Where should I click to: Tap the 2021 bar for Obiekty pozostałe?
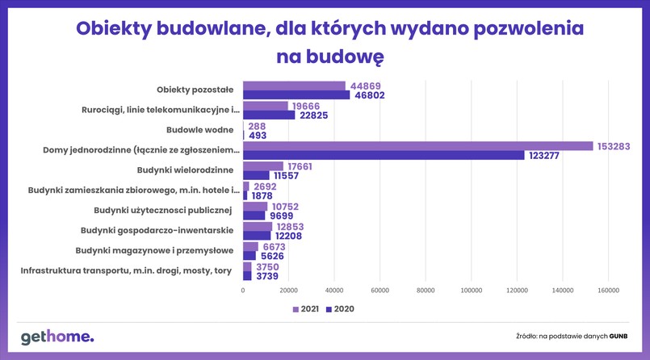(294, 86)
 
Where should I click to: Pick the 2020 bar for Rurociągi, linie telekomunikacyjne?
(269, 115)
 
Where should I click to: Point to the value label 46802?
(371, 95)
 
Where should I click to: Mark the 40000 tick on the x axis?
(334, 291)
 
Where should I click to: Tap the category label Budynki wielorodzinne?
(187, 170)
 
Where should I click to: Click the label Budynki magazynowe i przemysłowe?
(154, 250)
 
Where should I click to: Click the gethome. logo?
(57, 337)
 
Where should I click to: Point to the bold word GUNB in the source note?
(619, 335)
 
